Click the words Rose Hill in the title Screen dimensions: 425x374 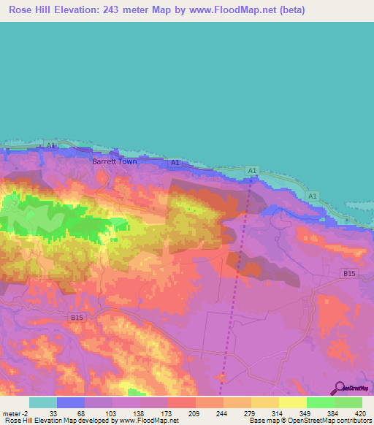click(28, 9)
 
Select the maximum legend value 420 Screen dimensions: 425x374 click(361, 413)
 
